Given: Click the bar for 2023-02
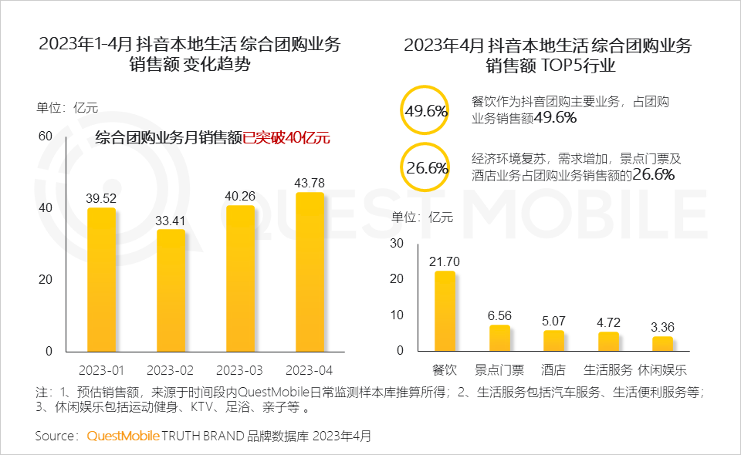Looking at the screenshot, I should point(171,290).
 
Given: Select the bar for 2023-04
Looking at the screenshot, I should point(310,271).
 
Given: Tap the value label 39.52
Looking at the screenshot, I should point(101,198).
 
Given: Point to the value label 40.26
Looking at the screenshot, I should point(241,196).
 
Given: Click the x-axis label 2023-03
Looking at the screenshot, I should point(241,370).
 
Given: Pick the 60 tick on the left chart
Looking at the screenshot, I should point(46,136).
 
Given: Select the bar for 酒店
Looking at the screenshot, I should point(554,340).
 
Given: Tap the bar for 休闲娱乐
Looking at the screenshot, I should point(662,343).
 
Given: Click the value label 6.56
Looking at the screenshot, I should point(499,315).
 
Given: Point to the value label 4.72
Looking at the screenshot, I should point(608,322).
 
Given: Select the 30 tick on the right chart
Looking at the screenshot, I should point(397,244).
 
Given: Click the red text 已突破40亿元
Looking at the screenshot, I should point(286,139).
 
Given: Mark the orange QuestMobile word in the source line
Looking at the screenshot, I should point(122,436).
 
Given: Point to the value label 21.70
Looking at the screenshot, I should point(445,262).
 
